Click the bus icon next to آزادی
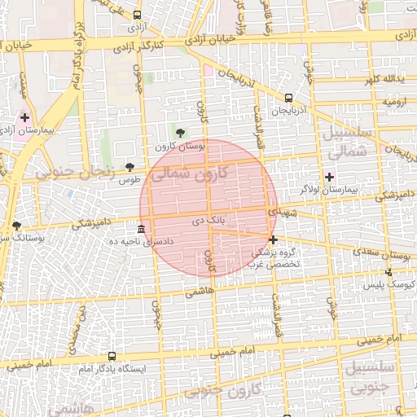[x=136, y=15]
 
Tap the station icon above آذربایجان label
[x=288, y=97]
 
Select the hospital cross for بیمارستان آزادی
[x=24, y=117]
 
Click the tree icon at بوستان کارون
[x=180, y=133]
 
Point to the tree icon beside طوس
[x=129, y=167]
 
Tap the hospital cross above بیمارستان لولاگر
[x=329, y=177]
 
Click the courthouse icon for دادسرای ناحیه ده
[x=142, y=229]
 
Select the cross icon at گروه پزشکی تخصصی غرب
[x=273, y=239]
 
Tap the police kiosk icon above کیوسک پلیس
[x=389, y=272]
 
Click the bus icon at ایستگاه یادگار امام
[x=112, y=356]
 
